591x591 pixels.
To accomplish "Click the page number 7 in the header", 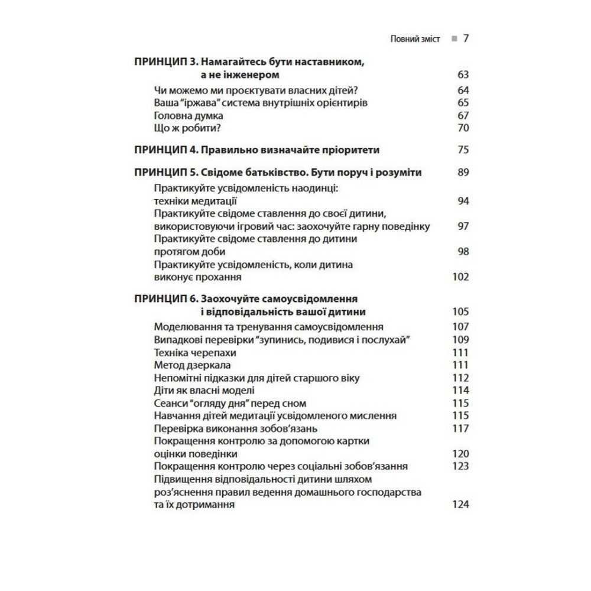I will click(466, 39).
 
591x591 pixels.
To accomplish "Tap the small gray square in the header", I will click(453, 39).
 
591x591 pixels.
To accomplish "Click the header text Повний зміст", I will click(415, 40).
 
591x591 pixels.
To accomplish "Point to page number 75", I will click(463, 150).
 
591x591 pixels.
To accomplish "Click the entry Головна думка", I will click(188, 116).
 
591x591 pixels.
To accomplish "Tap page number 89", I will click(463, 173).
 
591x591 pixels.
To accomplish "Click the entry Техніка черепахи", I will click(190, 352).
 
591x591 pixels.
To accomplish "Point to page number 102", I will click(460, 277).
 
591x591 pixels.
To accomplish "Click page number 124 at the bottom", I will click(460, 504).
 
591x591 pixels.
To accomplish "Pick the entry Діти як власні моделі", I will click(204, 390).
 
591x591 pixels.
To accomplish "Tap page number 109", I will click(460, 340).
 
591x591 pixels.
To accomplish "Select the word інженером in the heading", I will click(247, 75).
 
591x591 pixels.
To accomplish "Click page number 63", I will click(463, 75).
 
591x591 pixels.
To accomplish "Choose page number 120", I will click(460, 454).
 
